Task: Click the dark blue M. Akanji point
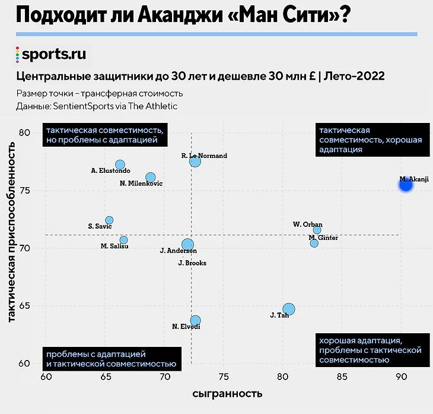pos(406,184)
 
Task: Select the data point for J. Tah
pos(289,309)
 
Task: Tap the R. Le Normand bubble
pos(195,161)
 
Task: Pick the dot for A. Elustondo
pos(120,165)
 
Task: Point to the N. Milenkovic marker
pos(151,177)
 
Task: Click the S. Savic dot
pos(109,220)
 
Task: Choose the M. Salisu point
pos(123,240)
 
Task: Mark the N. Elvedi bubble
pos(195,320)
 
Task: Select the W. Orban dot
pos(317,230)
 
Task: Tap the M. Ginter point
pos(314,244)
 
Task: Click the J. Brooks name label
pos(192,263)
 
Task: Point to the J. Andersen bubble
pos(188,244)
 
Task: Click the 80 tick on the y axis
pos(25,132)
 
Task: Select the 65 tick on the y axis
pos(25,306)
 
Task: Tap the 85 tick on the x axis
pos(341,377)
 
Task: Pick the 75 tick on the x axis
pos(223,377)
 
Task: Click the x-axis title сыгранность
pos(227,394)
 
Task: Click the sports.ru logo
pos(52,55)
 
